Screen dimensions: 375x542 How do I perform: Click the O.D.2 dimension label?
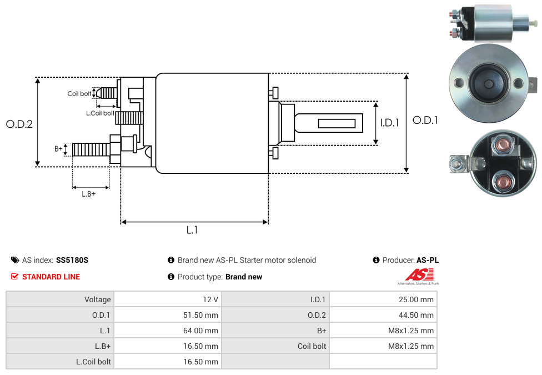pyautogui.click(x=19, y=124)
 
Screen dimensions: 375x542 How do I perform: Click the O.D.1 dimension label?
pyautogui.click(x=425, y=120)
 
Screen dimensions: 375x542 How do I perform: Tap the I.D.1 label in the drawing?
pyautogui.click(x=389, y=123)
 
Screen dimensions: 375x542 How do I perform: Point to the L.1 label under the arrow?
pyautogui.click(x=192, y=230)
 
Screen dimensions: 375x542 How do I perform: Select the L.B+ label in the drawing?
pyautogui.click(x=88, y=194)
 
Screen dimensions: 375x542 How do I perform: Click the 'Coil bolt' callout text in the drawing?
pyautogui.click(x=79, y=93)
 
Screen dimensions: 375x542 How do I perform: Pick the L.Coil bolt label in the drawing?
pyautogui.click(x=100, y=113)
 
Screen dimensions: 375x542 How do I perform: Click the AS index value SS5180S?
pyautogui.click(x=72, y=260)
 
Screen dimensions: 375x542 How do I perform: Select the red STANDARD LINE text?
pyautogui.click(x=51, y=277)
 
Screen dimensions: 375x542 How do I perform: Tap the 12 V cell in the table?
pyautogui.click(x=210, y=299)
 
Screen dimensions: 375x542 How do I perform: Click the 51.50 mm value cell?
pyautogui.click(x=200, y=315)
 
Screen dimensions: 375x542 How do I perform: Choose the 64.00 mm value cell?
pyautogui.click(x=200, y=331)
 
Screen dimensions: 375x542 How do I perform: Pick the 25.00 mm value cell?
pyautogui.click(x=415, y=299)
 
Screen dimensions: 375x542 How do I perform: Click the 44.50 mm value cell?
pyautogui.click(x=415, y=315)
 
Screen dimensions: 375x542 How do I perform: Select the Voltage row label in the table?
pyautogui.click(x=98, y=299)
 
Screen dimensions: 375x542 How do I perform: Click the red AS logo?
pyautogui.click(x=418, y=274)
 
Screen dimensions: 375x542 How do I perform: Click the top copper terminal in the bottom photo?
pyautogui.click(x=503, y=146)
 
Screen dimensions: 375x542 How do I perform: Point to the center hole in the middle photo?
pyautogui.click(x=488, y=84)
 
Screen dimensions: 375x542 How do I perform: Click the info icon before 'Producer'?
pyautogui.click(x=377, y=260)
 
